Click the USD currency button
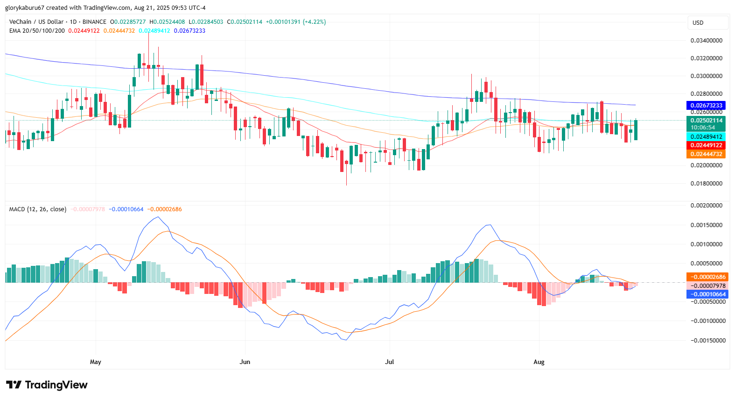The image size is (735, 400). [x=707, y=23]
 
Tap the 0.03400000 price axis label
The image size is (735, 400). [x=707, y=41]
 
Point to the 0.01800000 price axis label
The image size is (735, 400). [x=707, y=184]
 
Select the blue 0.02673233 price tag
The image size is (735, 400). [x=706, y=106]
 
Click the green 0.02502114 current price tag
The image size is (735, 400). [x=706, y=121]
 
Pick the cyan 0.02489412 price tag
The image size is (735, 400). [x=706, y=137]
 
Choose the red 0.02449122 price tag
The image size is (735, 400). [x=706, y=145]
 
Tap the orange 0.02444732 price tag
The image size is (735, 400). [x=706, y=154]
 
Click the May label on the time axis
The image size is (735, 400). [x=95, y=362]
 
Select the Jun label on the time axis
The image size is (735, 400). [x=245, y=362]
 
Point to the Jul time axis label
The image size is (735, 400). [x=389, y=362]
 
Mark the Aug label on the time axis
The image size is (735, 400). [x=539, y=362]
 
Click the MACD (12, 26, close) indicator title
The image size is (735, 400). [x=38, y=209]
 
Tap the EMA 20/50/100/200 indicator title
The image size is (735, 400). [x=37, y=31]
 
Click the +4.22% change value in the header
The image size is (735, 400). [x=314, y=22]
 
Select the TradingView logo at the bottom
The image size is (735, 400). [x=47, y=385]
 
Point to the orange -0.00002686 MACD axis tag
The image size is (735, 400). [x=707, y=277]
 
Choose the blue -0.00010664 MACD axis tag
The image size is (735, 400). [x=707, y=294]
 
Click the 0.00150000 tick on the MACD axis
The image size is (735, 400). [x=707, y=225]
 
